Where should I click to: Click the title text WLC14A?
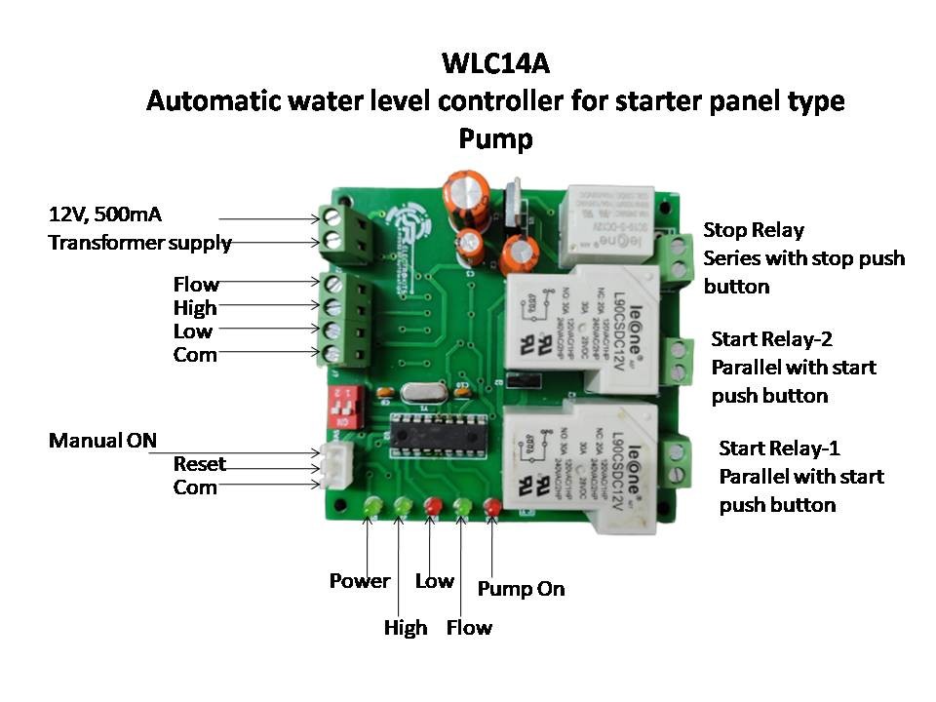(x=495, y=64)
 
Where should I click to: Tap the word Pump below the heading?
(x=495, y=139)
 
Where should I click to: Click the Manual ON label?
(x=102, y=441)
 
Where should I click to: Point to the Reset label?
(x=199, y=464)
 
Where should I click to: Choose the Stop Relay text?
(x=754, y=230)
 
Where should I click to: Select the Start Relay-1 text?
(x=779, y=448)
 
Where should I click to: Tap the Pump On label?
(x=521, y=589)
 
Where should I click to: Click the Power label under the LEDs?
(x=359, y=581)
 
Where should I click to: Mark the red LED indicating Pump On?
(x=492, y=507)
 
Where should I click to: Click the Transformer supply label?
(x=140, y=243)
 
